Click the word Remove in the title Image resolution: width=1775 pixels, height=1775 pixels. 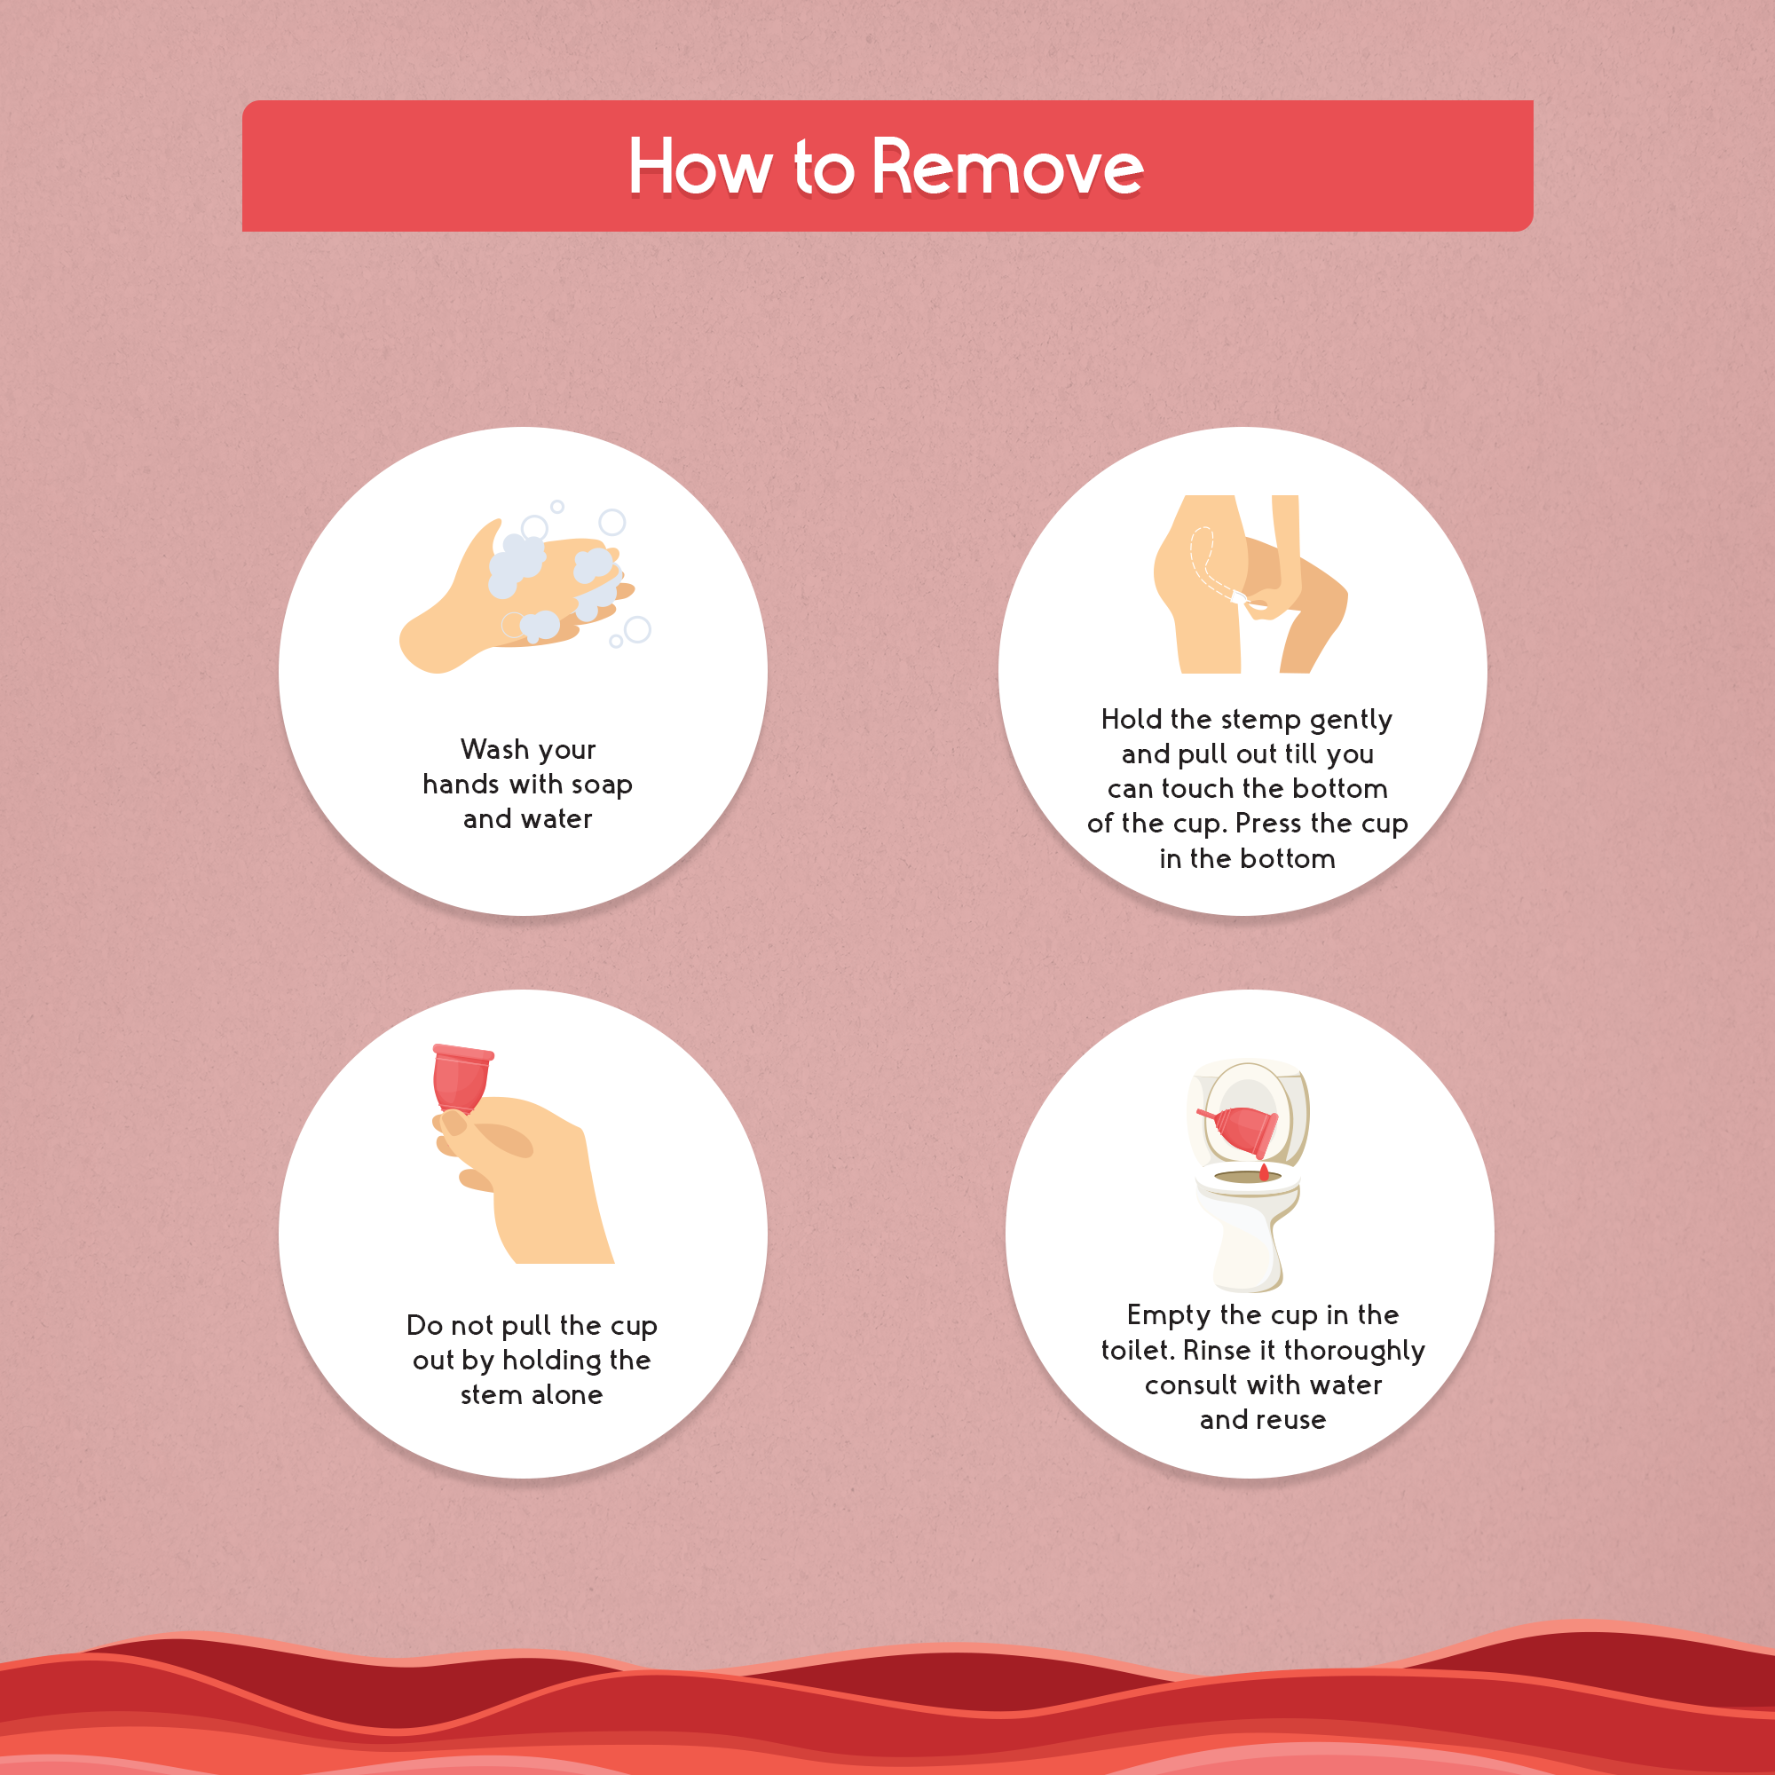pyautogui.click(x=1007, y=167)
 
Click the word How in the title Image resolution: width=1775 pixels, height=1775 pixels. pyautogui.click(x=700, y=167)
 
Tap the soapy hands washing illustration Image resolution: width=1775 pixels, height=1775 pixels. pyautogui.click(x=524, y=588)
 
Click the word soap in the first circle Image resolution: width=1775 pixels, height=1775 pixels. pyautogui.click(x=602, y=785)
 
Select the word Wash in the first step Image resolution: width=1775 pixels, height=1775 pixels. pyautogui.click(x=489, y=749)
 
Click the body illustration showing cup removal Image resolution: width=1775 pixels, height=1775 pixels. pyautogui.click(x=1250, y=584)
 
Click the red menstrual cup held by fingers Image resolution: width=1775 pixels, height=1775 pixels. pyautogui.click(x=461, y=1078)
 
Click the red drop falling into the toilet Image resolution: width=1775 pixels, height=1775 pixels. pyautogui.click(x=1264, y=1171)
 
